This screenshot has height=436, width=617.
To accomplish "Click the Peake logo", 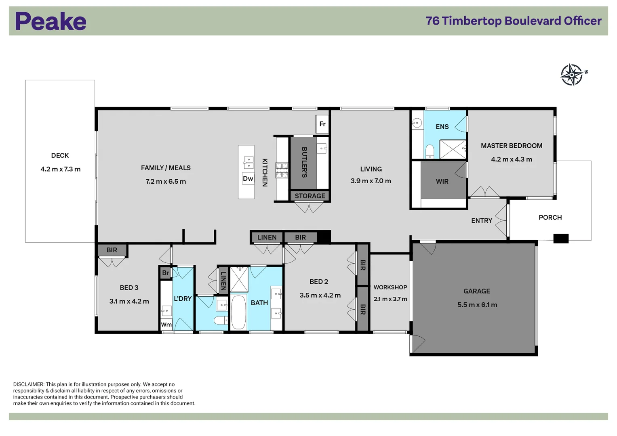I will point(51,21).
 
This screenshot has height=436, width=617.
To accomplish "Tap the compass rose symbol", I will point(572,75).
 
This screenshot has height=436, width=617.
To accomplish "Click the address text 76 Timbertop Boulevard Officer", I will point(513,21).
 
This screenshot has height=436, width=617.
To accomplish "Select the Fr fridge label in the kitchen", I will point(322,124).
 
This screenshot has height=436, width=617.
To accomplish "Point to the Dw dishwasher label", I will point(248,178).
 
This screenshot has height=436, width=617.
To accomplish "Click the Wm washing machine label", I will point(166,325).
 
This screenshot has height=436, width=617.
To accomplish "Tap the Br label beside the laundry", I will point(165,273).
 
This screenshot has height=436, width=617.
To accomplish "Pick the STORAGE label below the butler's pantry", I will point(310,196).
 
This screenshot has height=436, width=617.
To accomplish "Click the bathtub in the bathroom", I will point(238,312).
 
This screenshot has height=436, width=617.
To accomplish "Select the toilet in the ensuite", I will point(430,151).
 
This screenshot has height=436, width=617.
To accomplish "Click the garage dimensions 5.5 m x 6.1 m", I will point(477,305).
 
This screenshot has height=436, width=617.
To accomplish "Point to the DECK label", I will point(60,155).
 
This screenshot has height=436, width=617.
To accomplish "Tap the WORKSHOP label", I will point(390,287).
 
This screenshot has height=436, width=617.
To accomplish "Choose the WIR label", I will point(442,181).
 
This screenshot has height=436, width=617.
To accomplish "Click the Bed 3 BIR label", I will point(112,250).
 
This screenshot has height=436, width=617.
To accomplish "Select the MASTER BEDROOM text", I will point(511,146).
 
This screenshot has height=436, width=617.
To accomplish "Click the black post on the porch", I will point(560,239).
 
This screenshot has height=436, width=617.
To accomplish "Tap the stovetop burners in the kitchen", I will point(282,170).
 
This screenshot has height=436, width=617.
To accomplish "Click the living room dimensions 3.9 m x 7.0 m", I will point(371,181).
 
